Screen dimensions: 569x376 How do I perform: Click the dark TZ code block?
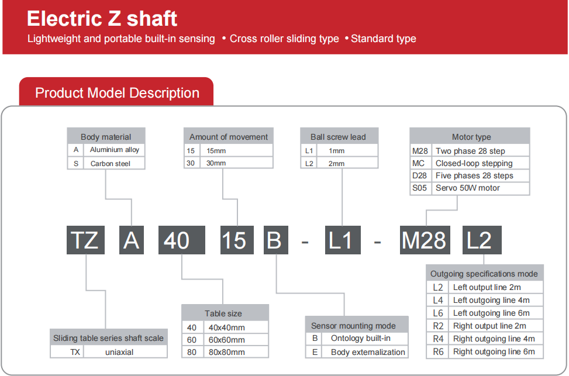(85, 240)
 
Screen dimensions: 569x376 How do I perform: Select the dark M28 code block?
(425, 240)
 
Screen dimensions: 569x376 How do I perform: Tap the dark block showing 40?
(182, 240)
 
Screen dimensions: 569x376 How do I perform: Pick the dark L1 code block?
(343, 240)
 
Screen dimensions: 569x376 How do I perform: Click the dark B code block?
(276, 240)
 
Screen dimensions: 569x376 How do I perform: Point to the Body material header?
(106, 136)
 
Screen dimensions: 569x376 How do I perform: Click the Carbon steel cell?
(114, 163)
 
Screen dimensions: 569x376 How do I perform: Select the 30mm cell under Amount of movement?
(236, 163)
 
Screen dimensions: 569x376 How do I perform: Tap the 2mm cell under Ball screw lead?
(347, 163)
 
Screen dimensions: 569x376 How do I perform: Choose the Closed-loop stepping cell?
(481, 163)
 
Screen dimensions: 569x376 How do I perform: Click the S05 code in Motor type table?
(420, 188)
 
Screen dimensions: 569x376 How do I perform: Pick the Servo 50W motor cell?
(481, 188)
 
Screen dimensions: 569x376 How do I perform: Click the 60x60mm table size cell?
(236, 340)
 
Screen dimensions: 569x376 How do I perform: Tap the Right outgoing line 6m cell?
(496, 351)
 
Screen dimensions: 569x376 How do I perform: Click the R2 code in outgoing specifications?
(438, 326)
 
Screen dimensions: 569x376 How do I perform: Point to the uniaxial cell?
(125, 351)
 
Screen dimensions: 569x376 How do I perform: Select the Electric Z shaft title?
(102, 19)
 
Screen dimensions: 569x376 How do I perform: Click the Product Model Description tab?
(117, 92)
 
